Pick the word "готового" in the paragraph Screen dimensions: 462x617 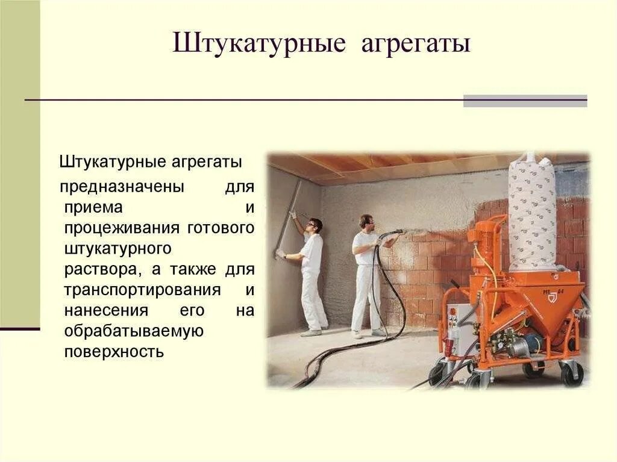(221, 229)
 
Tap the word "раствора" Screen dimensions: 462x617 (94, 270)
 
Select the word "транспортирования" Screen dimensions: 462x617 (142, 290)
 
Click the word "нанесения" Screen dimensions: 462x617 (98, 311)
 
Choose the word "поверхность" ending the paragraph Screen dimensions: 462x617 (114, 352)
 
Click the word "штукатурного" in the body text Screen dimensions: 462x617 (118, 249)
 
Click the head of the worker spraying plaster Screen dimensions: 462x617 (365, 221)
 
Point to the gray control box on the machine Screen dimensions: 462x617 (463, 329)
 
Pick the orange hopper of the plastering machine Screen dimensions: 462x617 (548, 301)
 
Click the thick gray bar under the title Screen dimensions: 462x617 (525, 101)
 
